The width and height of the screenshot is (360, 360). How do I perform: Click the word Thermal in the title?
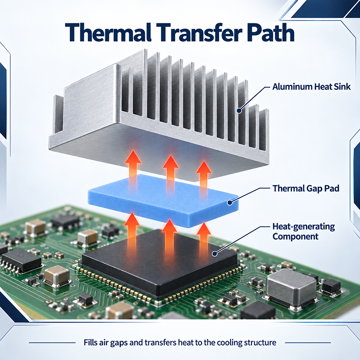pos(108,32)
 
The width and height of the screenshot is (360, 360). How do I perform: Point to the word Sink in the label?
pos(342,86)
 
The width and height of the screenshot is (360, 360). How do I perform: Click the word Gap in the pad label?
pos(314,189)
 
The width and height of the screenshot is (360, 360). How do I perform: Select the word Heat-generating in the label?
pos(303,227)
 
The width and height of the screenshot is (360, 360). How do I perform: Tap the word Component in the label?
pos(295,237)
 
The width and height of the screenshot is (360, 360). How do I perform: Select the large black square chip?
pos(159,261)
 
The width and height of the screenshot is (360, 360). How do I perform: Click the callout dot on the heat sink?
pos(239,111)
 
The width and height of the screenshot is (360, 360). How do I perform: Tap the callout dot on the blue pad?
pos(229,202)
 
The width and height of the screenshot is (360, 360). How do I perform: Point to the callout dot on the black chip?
pos(215,254)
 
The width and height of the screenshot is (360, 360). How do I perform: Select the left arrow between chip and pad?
pos(132,232)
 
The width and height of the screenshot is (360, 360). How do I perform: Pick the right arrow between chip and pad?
pos(204,239)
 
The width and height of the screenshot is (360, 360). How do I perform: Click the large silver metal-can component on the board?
pos(291,288)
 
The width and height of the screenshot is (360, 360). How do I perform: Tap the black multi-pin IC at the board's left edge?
pos(21,260)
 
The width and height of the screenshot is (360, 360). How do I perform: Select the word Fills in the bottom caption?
pos(90,342)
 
